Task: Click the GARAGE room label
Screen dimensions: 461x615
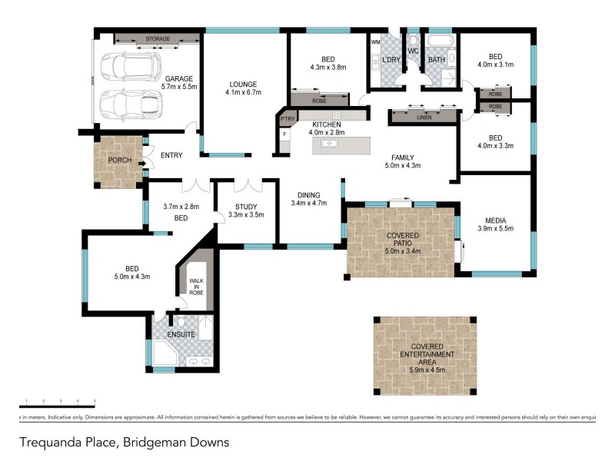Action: coord(178,78)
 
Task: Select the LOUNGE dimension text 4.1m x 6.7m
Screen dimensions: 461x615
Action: coord(244,93)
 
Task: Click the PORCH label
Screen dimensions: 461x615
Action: coord(119,161)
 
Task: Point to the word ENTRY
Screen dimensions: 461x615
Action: coord(171,156)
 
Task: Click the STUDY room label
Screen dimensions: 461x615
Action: coord(246,206)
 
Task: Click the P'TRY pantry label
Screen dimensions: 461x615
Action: coord(288,119)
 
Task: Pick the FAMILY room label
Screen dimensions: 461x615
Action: coord(404,157)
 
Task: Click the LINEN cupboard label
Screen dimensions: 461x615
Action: coord(424,118)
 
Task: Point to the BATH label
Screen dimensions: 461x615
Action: coord(437,60)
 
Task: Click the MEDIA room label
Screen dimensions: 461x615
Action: coord(494,219)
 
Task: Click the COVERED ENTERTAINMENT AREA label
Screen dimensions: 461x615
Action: coord(425,354)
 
